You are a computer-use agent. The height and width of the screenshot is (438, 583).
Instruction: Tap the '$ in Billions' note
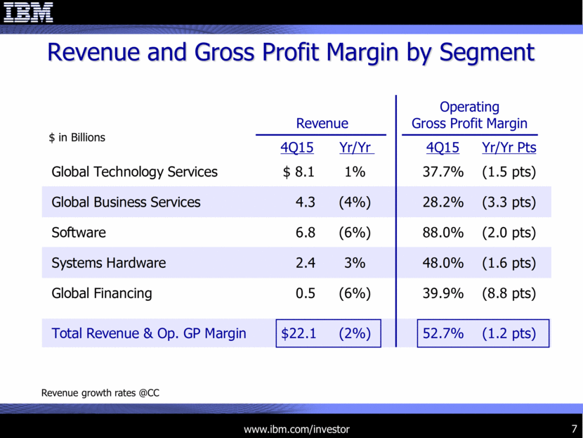[77, 138]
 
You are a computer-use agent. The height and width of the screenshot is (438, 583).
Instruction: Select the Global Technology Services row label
[135, 172]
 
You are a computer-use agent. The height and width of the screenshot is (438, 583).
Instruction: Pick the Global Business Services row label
[126, 202]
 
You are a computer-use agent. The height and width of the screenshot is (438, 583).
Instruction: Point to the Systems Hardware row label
[109, 263]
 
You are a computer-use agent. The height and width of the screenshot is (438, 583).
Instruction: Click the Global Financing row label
[102, 293]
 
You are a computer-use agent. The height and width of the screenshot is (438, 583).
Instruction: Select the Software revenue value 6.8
[306, 233]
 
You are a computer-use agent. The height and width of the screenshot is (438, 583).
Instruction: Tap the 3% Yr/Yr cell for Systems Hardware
[355, 263]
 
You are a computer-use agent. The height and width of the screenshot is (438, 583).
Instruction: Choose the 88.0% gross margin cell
[443, 233]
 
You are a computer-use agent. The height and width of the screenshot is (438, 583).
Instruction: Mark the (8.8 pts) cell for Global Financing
[509, 293]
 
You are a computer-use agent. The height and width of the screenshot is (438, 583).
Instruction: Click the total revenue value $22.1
[299, 333]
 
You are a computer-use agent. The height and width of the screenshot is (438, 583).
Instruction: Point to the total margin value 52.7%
[443, 333]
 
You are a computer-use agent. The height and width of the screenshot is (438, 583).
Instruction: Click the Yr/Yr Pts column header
[509, 148]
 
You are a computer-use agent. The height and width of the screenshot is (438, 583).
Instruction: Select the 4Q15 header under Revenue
[296, 148]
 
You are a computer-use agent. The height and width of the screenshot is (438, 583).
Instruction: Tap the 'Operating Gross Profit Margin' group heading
[469, 115]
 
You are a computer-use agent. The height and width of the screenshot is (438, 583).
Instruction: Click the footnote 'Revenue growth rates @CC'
[100, 393]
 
